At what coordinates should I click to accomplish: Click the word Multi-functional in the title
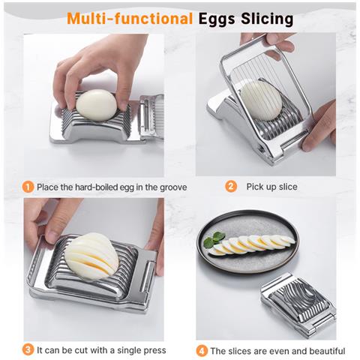coord(130,19)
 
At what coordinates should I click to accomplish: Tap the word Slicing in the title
coord(267,19)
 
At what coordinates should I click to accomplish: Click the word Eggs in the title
coord(217,19)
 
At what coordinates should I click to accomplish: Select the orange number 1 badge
coord(28,187)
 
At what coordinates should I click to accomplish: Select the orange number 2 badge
coord(231,187)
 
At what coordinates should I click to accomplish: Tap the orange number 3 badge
coord(28,350)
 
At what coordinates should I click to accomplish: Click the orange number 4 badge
coord(202,351)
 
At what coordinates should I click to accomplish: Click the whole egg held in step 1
coord(96,105)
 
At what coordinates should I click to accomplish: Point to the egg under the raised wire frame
coord(260,100)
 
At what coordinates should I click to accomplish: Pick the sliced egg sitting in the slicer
coord(91,256)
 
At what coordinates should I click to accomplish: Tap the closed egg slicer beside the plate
coord(298,305)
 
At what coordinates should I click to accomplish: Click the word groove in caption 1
coord(173,187)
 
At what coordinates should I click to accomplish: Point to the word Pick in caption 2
coord(255,187)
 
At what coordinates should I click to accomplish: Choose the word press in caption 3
coord(156,350)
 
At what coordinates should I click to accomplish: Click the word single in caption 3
coord(130,350)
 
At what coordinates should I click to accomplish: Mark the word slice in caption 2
coord(288,187)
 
